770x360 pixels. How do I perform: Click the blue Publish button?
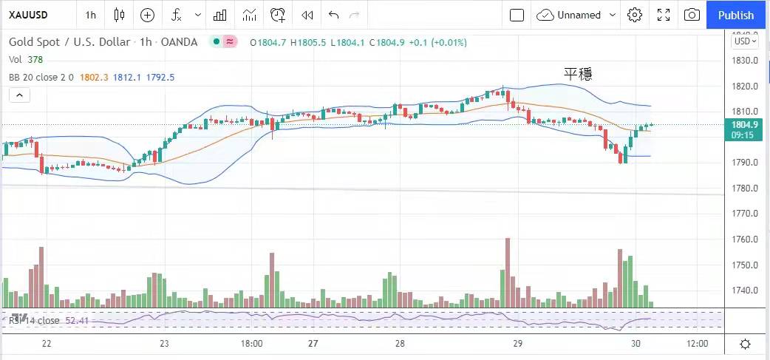pyautogui.click(x=736, y=15)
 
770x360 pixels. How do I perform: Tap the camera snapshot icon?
pyautogui.click(x=692, y=15)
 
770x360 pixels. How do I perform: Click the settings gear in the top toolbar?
pyautogui.click(x=635, y=15)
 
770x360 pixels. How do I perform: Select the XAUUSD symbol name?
pyautogui.click(x=30, y=15)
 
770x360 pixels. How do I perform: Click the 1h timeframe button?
pyautogui.click(x=90, y=15)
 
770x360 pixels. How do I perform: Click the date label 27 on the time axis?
pyautogui.click(x=313, y=344)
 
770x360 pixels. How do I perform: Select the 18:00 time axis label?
pyautogui.click(x=251, y=344)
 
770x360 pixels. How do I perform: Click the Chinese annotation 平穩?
pyautogui.click(x=578, y=73)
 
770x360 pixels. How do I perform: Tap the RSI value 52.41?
pyautogui.click(x=77, y=320)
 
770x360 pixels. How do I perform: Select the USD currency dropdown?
pyautogui.click(x=743, y=41)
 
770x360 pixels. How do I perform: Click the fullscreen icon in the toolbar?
pyautogui.click(x=664, y=15)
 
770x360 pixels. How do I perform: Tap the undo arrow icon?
pyautogui.click(x=333, y=15)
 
